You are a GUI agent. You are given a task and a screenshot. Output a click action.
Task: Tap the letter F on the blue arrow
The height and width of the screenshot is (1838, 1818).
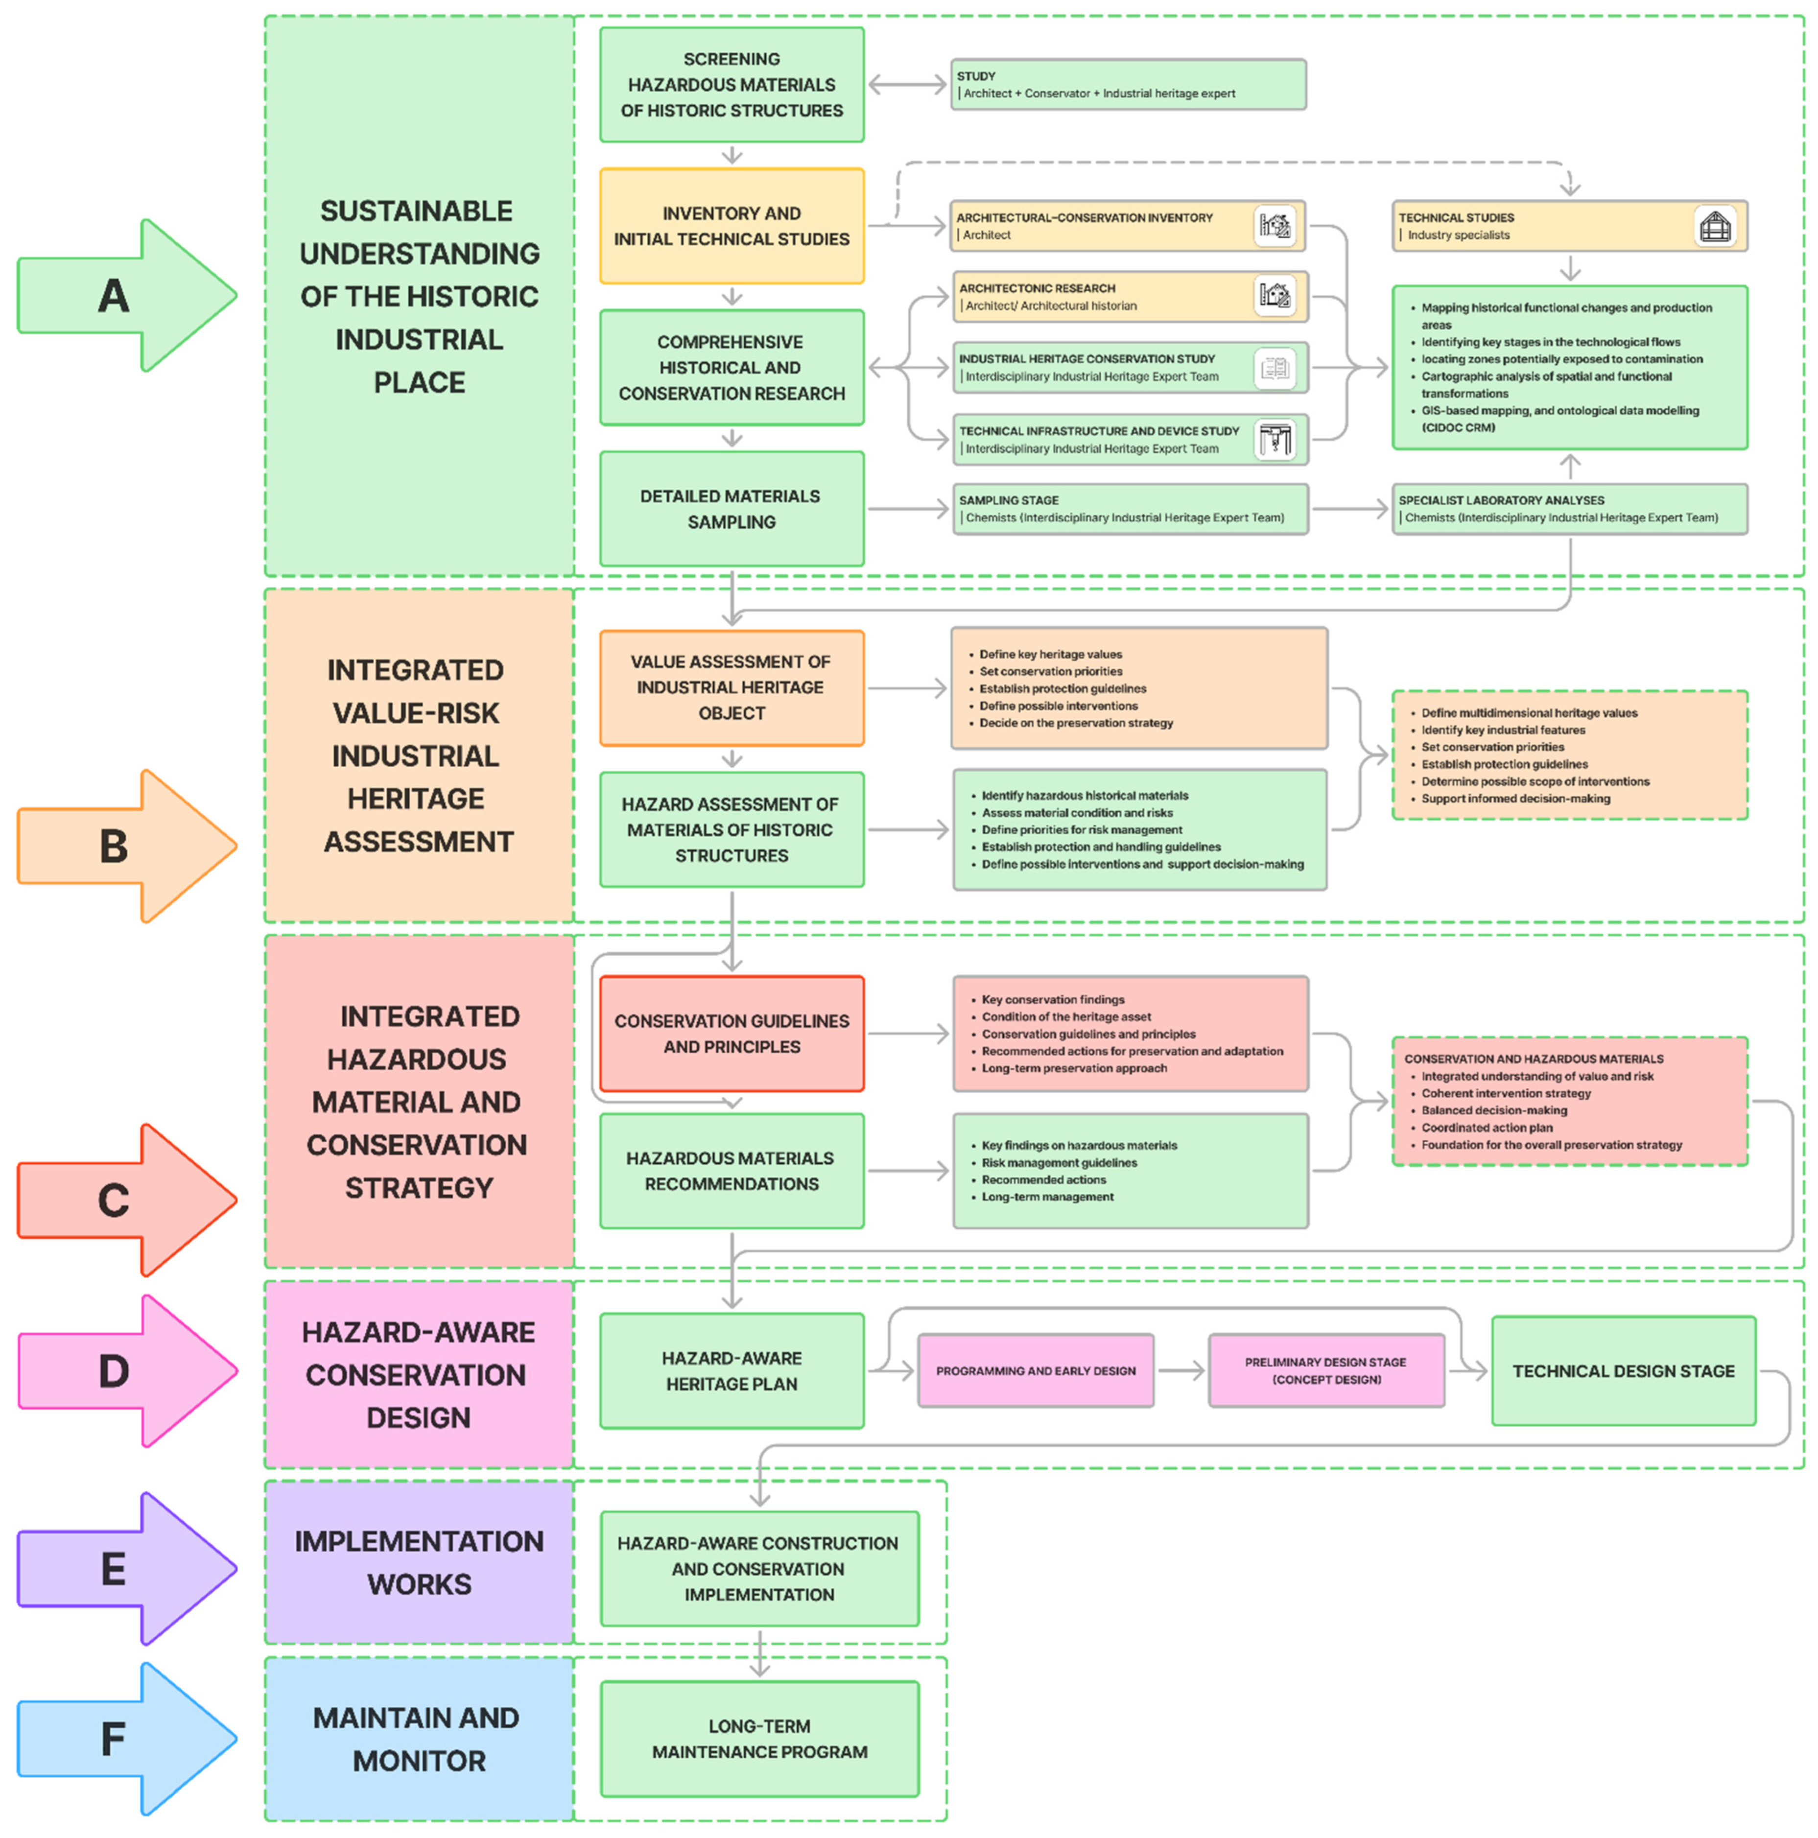pyautogui.click(x=113, y=1739)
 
